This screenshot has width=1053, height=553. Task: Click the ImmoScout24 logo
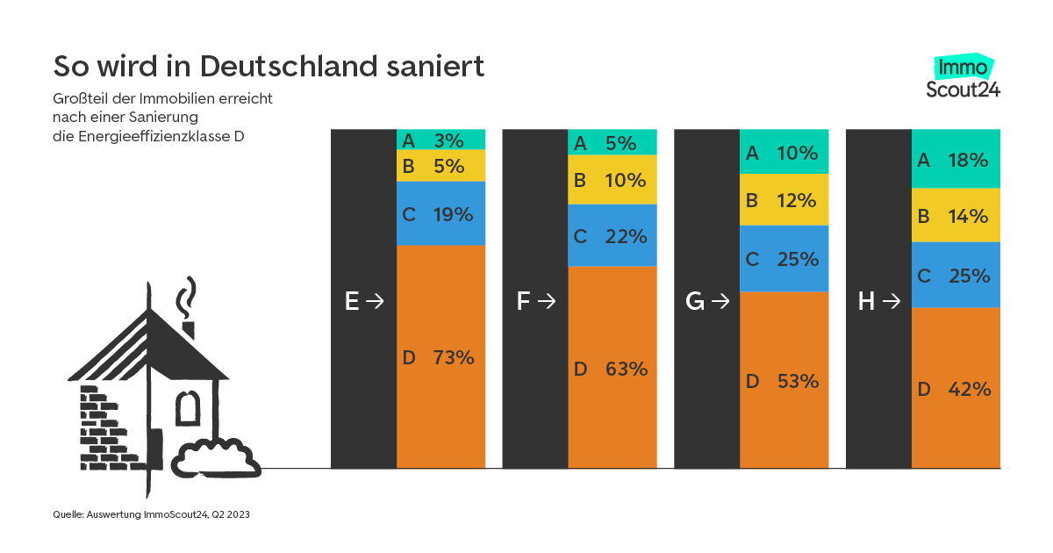[x=963, y=77]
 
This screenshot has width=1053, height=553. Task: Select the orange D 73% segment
[x=441, y=356]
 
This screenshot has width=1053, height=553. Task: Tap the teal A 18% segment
[x=956, y=159]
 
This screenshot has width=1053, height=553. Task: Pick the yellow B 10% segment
[x=612, y=180]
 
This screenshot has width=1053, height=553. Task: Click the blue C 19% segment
[x=441, y=213]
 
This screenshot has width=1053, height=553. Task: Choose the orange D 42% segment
[x=956, y=388]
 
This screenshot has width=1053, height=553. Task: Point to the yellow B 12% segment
[x=784, y=199]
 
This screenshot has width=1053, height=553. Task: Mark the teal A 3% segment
[x=441, y=140]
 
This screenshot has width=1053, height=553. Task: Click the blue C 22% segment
[x=612, y=235]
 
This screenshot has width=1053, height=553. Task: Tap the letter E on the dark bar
[x=352, y=301]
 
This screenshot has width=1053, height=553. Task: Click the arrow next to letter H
[x=892, y=301]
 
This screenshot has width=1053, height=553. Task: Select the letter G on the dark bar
[x=694, y=301]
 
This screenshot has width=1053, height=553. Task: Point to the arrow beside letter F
[x=547, y=301]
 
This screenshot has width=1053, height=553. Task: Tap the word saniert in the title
[x=440, y=67]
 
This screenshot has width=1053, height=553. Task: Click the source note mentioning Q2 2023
[x=152, y=515]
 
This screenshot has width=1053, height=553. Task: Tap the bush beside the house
[x=215, y=456]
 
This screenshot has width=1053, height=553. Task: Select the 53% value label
[x=798, y=381]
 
